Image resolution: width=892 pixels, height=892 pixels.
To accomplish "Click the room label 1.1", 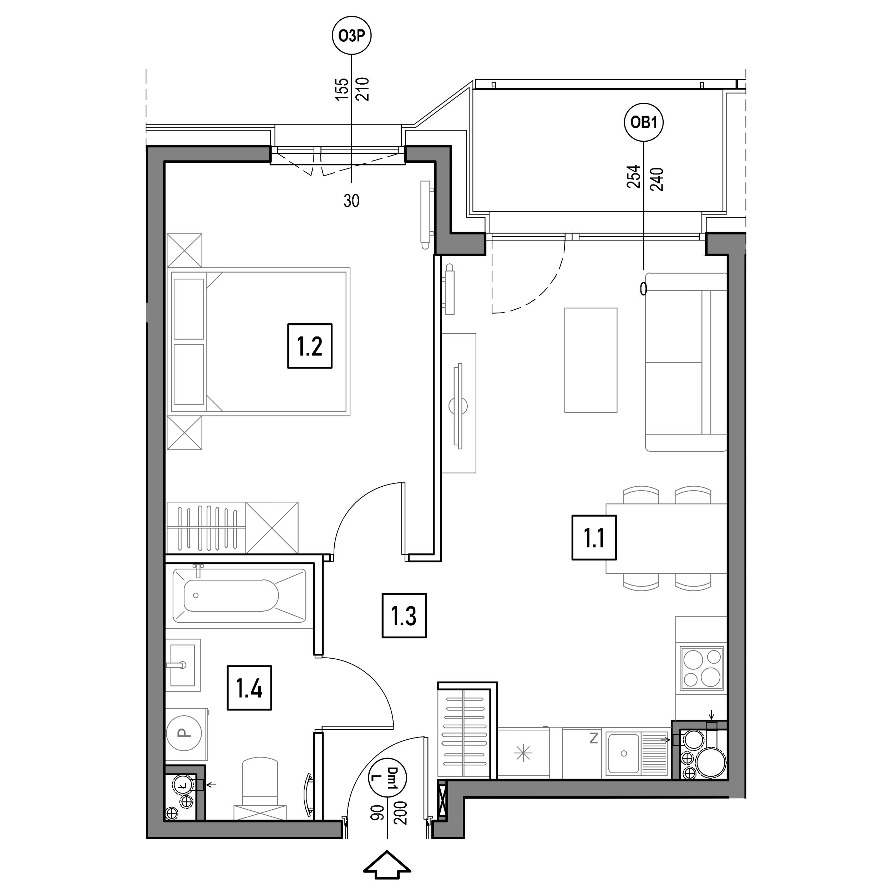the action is pos(594,538).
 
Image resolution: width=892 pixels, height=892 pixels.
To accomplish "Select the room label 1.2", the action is pos(310,346).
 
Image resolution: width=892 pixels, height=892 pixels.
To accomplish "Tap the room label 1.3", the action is pos(404,616).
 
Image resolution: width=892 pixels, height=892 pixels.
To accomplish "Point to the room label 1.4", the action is pos(249,688).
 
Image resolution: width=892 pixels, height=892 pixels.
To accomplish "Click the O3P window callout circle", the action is pos(352,36).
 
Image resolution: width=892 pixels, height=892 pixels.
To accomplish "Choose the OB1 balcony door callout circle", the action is pos(644,122).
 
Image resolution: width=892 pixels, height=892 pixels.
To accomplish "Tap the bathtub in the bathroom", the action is pos(239,595).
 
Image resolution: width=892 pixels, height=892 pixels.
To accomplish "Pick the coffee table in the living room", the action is pos(591,360).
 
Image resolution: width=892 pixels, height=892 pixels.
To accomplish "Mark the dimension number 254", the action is pos(633,176).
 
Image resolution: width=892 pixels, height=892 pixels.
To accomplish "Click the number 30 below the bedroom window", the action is pos(351,201).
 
